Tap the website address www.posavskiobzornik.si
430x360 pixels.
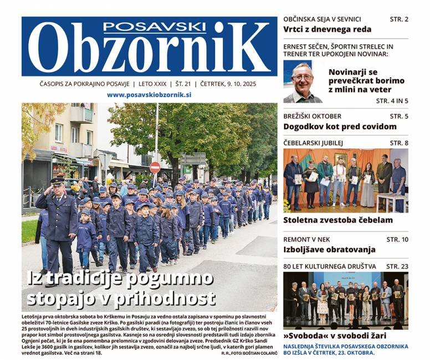[149, 95]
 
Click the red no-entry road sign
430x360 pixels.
[155, 167]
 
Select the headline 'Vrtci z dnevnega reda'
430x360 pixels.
[327, 29]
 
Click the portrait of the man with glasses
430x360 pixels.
[303, 82]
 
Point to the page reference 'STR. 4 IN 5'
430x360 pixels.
[392, 101]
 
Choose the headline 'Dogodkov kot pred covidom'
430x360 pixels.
[340, 126]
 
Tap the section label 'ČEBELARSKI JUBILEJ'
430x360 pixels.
[313, 143]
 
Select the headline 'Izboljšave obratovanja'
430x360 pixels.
[329, 250]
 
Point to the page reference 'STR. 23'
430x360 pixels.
[397, 266]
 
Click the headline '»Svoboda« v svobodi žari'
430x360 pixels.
[335, 336]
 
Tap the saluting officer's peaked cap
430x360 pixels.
[58, 181]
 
